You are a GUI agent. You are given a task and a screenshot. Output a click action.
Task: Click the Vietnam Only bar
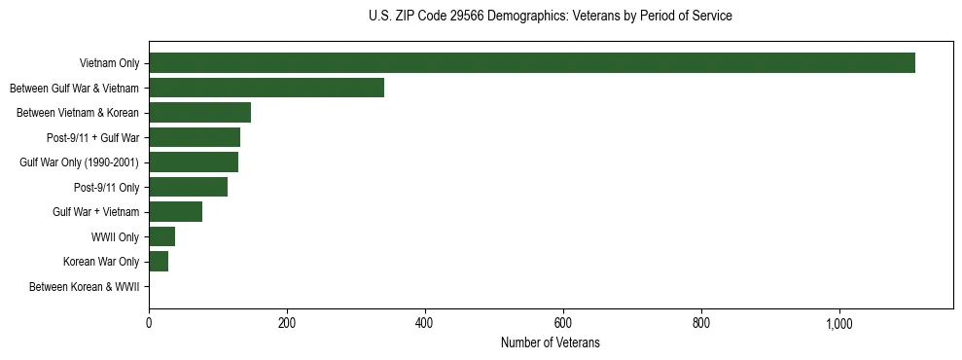(x=532, y=63)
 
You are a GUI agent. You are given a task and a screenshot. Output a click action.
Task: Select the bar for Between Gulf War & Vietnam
(x=267, y=88)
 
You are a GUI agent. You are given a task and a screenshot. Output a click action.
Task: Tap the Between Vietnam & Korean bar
(x=199, y=113)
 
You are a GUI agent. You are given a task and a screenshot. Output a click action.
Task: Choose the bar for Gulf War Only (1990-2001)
(x=194, y=162)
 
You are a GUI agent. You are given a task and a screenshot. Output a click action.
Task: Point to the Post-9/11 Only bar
(x=188, y=187)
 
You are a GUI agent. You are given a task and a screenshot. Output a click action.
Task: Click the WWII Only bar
(x=161, y=236)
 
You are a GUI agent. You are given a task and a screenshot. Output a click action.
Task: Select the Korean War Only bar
(x=159, y=262)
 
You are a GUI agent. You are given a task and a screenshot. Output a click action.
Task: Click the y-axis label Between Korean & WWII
(x=85, y=287)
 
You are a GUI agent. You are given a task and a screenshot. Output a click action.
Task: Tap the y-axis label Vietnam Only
(x=109, y=63)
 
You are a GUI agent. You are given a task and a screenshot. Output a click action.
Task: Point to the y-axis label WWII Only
(x=115, y=236)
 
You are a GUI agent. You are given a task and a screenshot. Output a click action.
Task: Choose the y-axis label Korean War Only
(x=101, y=262)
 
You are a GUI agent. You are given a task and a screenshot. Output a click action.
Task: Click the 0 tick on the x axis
(x=149, y=323)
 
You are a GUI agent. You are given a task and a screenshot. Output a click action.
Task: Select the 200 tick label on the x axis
(x=287, y=323)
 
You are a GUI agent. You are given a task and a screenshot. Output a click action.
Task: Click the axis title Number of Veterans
(x=551, y=342)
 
